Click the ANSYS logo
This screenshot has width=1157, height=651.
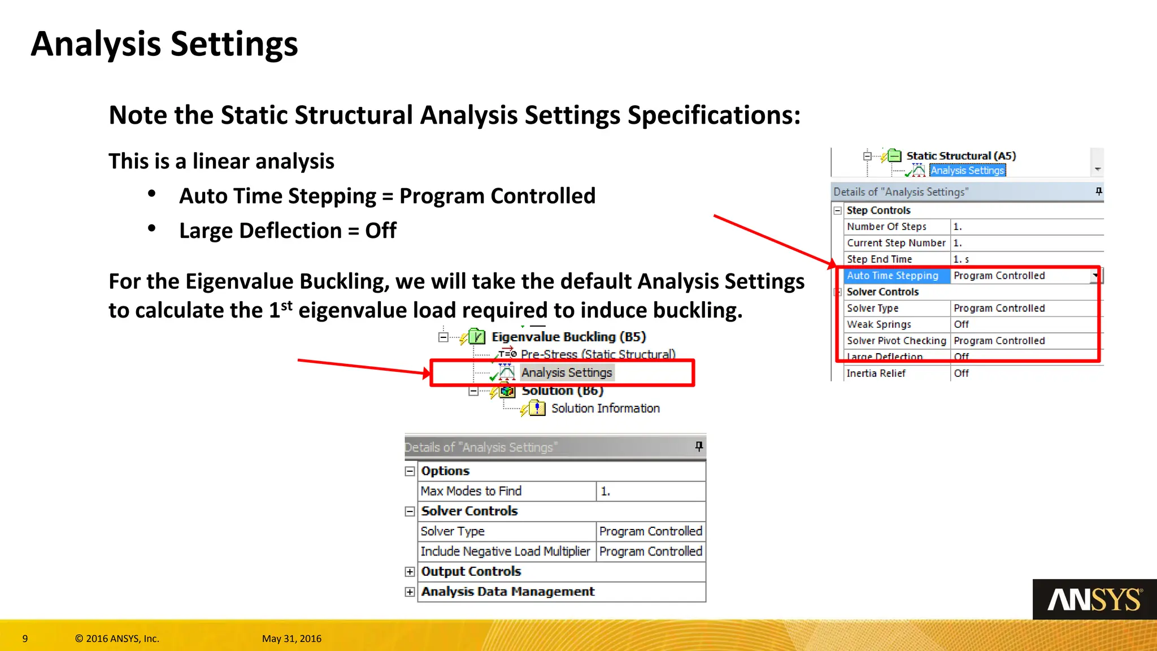(x=1094, y=600)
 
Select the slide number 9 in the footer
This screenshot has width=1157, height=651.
(x=25, y=639)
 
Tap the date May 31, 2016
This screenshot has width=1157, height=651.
(x=292, y=639)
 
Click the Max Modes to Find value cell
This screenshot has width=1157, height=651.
(x=650, y=491)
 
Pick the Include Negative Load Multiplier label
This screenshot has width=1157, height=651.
(x=505, y=551)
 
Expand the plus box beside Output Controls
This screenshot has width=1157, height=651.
(x=410, y=572)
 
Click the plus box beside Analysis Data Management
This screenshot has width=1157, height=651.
(x=410, y=592)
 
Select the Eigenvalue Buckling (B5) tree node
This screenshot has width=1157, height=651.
(x=568, y=337)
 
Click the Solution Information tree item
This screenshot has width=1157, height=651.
(x=605, y=408)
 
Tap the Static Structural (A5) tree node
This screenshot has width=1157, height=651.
(x=961, y=156)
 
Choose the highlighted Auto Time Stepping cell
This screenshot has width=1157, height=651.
(x=893, y=276)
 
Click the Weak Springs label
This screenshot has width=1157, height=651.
(x=879, y=324)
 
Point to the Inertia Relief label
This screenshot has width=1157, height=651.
(x=876, y=374)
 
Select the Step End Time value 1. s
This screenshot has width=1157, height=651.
(x=961, y=259)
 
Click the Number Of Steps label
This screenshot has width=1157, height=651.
(x=886, y=227)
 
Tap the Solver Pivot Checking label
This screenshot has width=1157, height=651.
(x=896, y=341)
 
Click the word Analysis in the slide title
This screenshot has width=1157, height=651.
(x=96, y=44)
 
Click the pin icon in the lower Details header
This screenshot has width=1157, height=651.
(x=699, y=446)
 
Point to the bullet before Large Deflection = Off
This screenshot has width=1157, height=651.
(x=151, y=228)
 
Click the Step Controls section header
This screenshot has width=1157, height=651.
(x=878, y=210)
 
